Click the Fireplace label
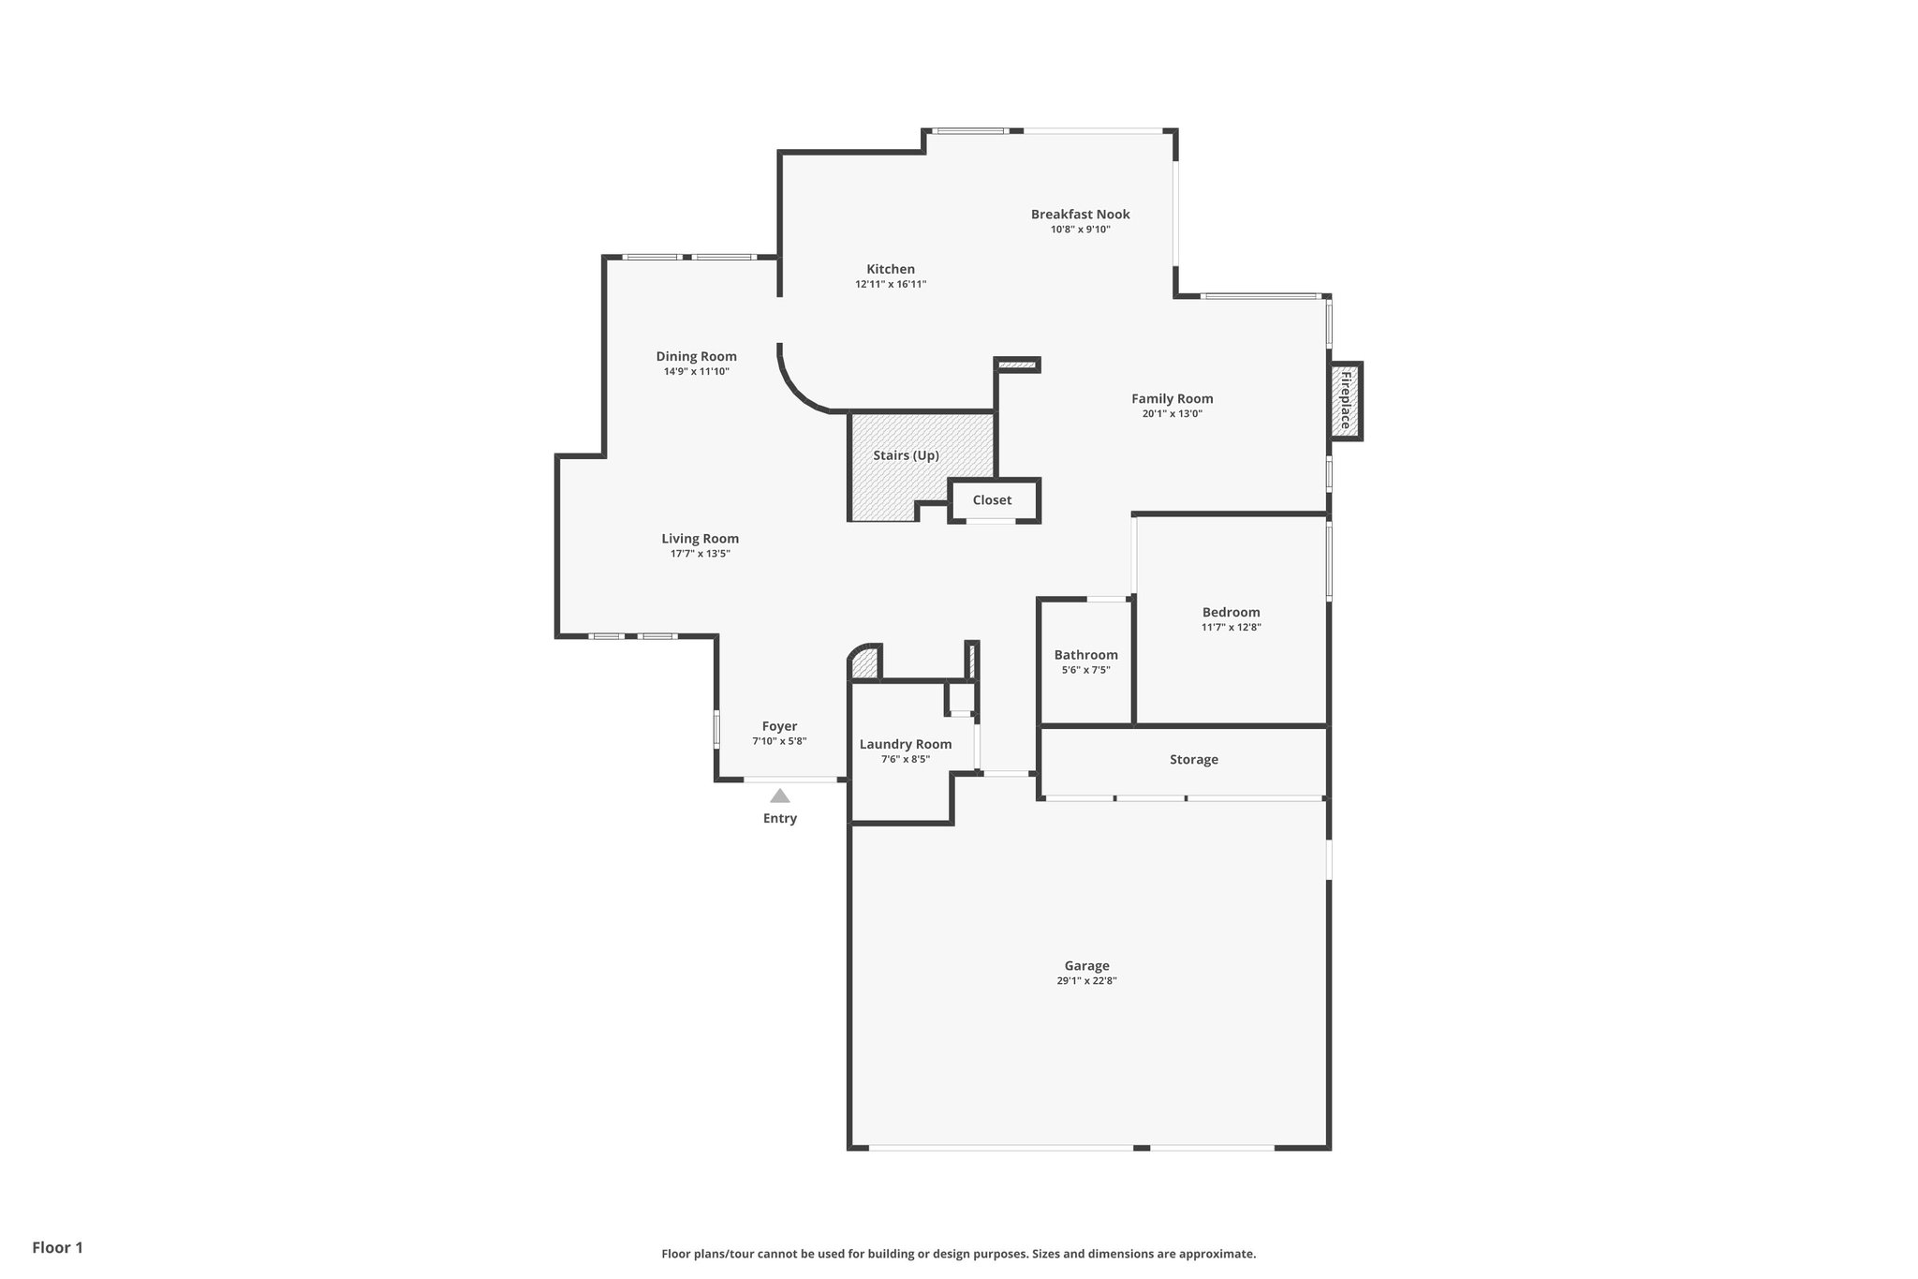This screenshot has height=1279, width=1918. point(1346,401)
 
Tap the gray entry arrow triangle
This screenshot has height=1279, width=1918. point(779,796)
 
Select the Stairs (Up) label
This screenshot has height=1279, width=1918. point(906,455)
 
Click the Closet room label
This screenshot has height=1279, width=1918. point(992,500)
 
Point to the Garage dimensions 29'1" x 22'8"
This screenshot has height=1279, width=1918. point(1086,981)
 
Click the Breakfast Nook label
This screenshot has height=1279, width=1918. point(1080,215)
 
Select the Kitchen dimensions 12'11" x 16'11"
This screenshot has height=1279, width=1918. point(890,284)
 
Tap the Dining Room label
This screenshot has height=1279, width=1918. point(696,356)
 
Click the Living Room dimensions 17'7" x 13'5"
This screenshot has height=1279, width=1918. point(700,554)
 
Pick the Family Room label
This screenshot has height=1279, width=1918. point(1172,398)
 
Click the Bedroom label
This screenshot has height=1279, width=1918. point(1231,612)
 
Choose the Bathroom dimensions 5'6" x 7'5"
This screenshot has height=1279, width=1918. point(1085,670)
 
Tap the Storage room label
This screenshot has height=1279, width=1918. point(1193,759)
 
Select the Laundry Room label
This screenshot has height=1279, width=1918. point(905,744)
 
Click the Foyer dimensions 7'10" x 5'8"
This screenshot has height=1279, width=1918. point(779,741)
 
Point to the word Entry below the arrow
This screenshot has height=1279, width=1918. point(779,818)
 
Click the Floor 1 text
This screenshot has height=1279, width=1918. point(57,1247)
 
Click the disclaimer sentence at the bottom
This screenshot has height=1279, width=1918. point(958,1254)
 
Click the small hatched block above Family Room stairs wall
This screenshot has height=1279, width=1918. point(1017,364)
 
